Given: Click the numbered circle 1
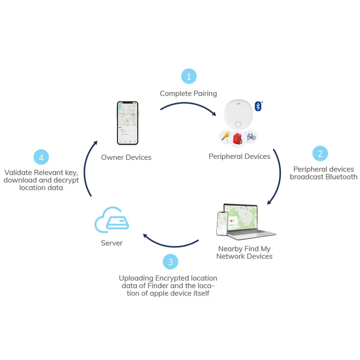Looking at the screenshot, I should pos(189,76).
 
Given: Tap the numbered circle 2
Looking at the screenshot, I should pos(320,154).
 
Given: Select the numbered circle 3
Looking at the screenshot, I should pos(170,262).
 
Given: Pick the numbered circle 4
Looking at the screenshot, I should pos(41,157).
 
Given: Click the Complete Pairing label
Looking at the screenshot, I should pos(188,94).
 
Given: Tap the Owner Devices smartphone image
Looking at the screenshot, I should pos(128,123).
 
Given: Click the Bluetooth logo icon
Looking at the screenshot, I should pos(258,106).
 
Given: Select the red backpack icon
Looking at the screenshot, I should pos(238,138).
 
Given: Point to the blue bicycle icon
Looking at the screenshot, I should pos(251,137).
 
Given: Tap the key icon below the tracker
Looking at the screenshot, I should pos(225,137).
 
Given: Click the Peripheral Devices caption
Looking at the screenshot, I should pos(239,156).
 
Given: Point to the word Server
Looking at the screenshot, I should pos(112,243).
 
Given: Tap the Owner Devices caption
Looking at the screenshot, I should pos(126,157).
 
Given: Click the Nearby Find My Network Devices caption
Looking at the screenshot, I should pos(244,252).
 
